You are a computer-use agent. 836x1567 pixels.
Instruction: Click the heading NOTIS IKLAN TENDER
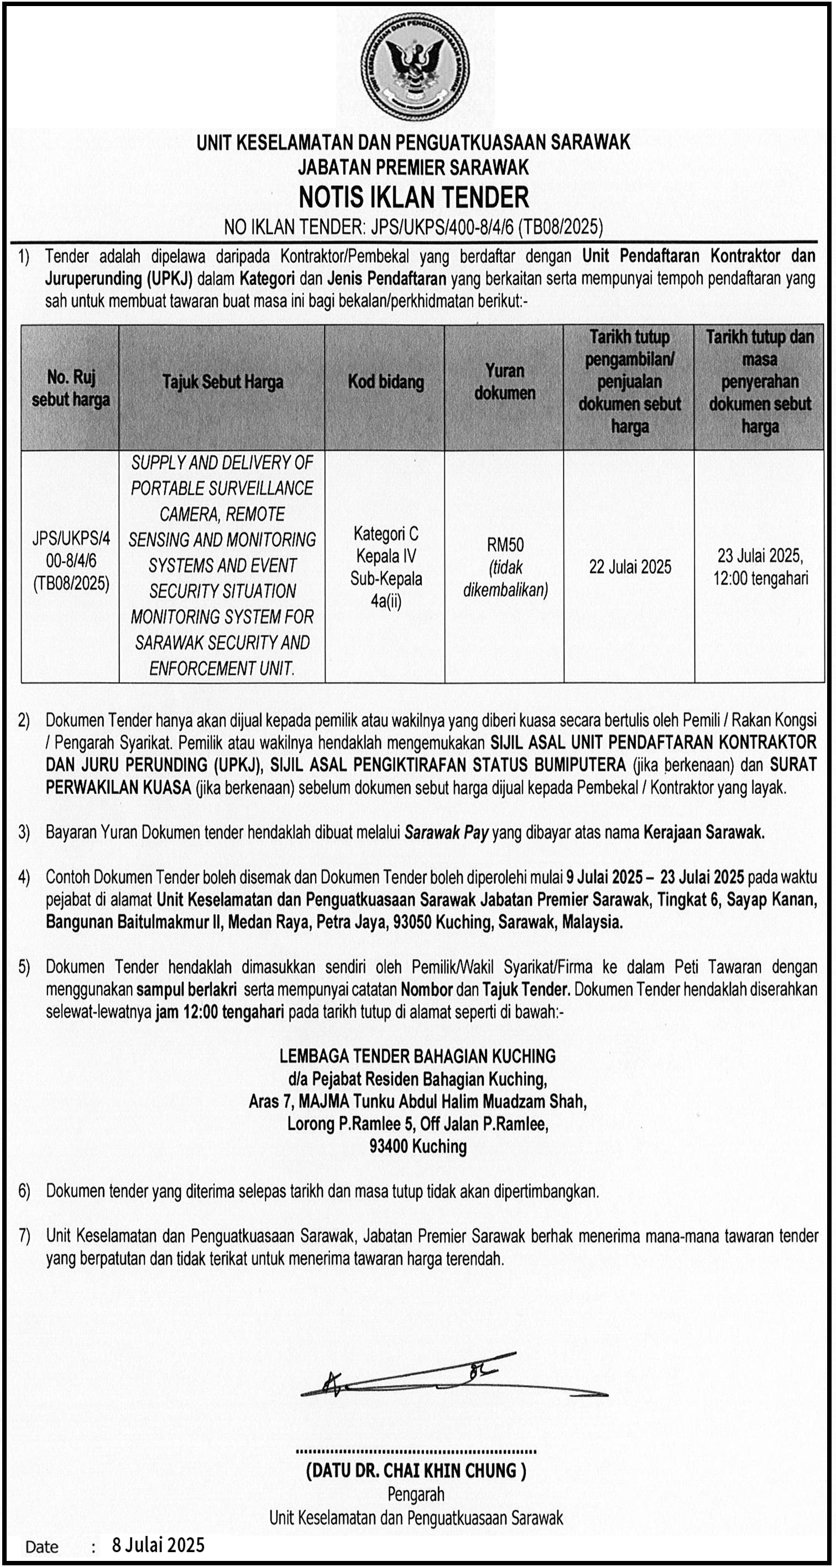click(414, 197)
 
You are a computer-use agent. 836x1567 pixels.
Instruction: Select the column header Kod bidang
click(386, 382)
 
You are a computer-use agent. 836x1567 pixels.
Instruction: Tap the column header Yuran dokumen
click(504, 382)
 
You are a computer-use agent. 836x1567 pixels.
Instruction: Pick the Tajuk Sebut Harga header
click(223, 382)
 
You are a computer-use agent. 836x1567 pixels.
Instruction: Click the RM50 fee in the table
click(505, 544)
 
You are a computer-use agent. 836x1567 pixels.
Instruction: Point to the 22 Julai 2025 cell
click(630, 567)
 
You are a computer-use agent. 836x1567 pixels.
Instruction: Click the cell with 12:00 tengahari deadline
click(760, 567)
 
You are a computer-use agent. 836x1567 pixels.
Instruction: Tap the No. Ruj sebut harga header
click(71, 387)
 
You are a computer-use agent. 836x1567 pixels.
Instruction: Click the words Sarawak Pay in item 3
click(447, 833)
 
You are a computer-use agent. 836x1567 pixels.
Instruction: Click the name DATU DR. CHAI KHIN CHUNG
click(416, 1470)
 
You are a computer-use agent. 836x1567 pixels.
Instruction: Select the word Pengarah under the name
click(416, 1495)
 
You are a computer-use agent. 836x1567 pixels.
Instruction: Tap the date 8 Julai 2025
click(158, 1545)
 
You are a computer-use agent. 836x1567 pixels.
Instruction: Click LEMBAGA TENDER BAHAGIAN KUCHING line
click(417, 1056)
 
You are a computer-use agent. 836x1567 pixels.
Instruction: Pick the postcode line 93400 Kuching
click(417, 1147)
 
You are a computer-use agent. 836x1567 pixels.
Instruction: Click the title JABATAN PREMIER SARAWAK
click(414, 167)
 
